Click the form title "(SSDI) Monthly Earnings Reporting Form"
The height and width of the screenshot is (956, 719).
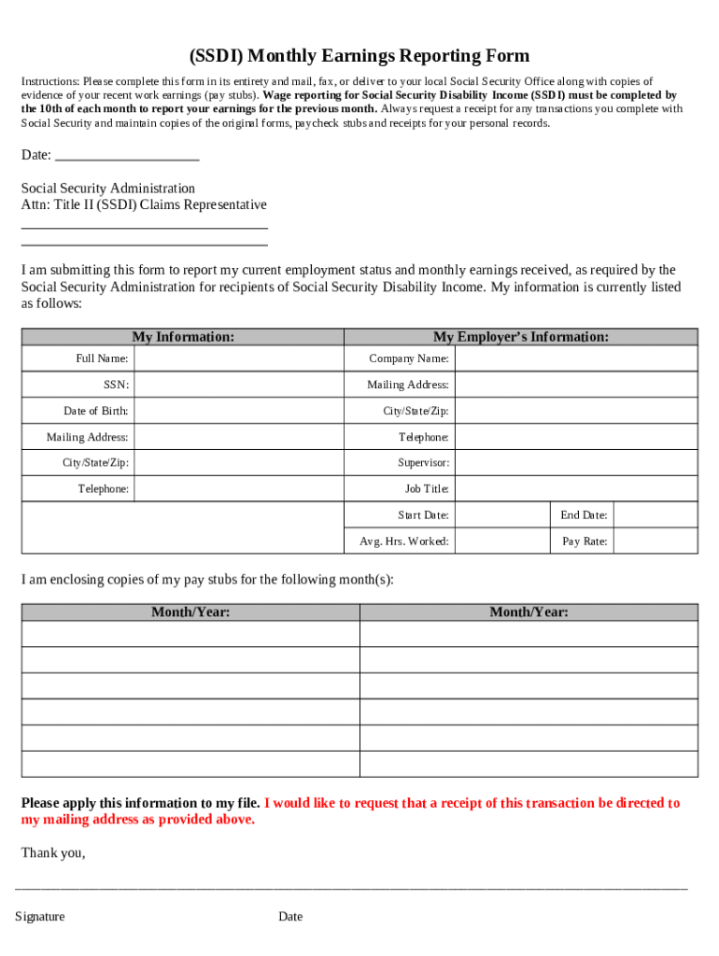click(359, 57)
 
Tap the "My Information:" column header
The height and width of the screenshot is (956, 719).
click(183, 337)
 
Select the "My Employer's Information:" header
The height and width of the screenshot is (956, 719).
click(520, 337)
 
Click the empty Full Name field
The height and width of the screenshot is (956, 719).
click(238, 358)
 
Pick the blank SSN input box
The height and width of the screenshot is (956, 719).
click(238, 385)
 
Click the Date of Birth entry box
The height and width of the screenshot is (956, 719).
click(238, 411)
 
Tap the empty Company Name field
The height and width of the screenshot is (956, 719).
click(575, 358)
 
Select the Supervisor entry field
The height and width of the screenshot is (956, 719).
click(575, 463)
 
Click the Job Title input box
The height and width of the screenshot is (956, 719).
click(575, 489)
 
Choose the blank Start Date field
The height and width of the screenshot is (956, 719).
click(501, 515)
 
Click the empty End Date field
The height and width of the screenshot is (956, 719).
click(655, 515)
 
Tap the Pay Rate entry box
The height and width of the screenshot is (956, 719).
click(655, 541)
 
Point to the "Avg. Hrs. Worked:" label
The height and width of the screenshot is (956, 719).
click(404, 541)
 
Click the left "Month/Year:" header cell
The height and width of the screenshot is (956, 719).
click(190, 612)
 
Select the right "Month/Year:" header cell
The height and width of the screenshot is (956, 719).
click(529, 612)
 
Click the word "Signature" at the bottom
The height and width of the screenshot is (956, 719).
click(40, 917)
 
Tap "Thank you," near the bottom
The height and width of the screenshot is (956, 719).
click(53, 852)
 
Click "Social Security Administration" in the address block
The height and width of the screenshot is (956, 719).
click(108, 189)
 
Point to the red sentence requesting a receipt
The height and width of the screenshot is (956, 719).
click(472, 804)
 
